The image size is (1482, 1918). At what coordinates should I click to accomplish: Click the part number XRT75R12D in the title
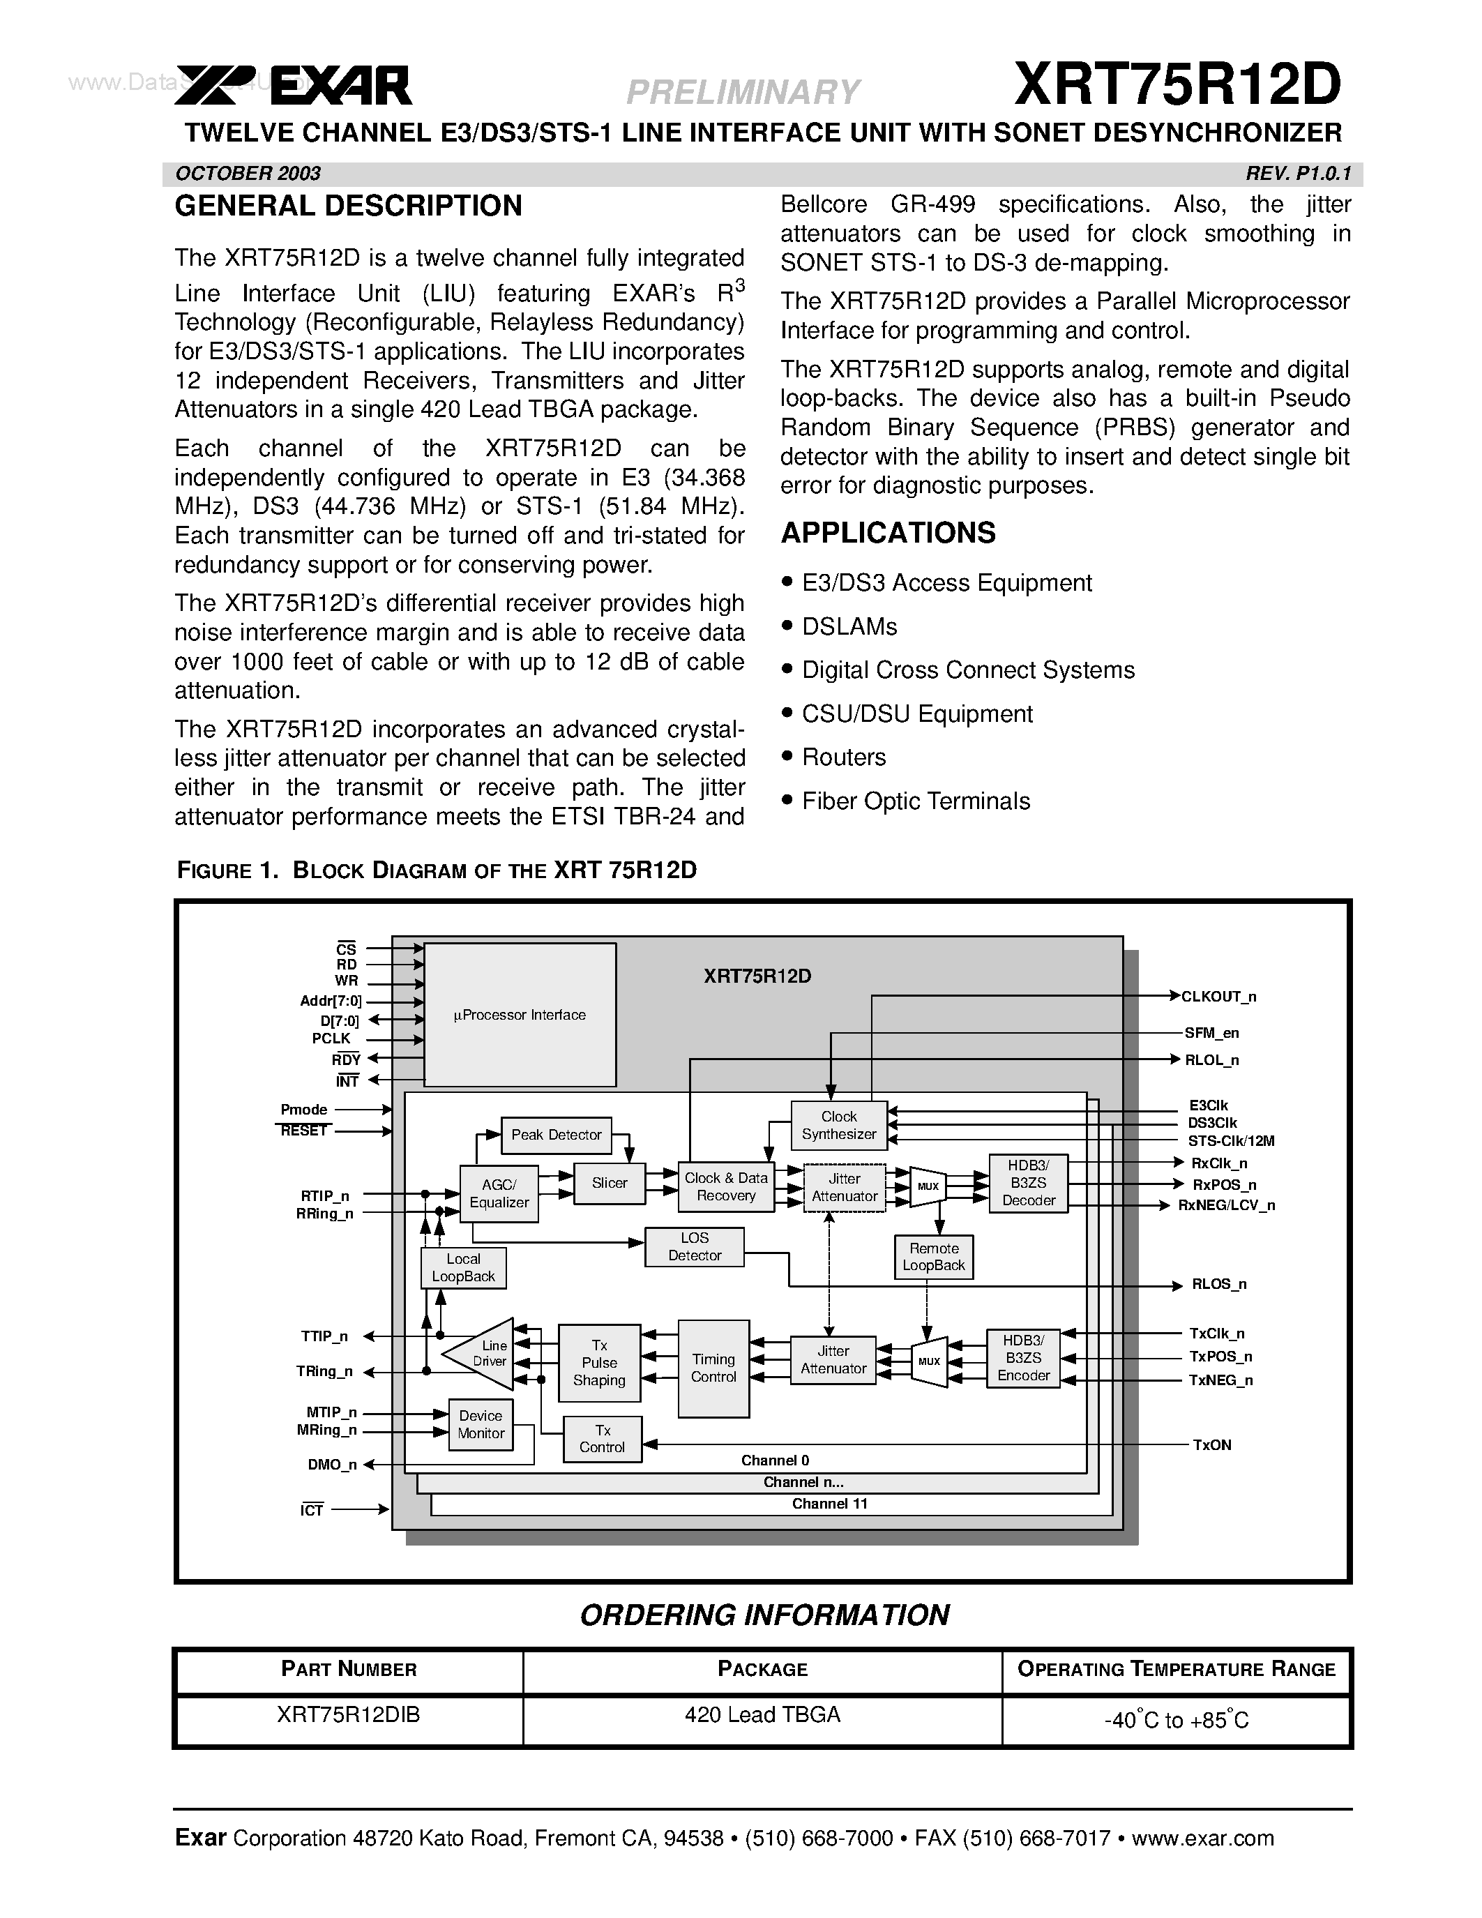point(1177,85)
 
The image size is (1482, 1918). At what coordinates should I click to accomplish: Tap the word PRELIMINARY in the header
point(743,91)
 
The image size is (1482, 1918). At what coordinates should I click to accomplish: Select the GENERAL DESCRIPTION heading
point(348,206)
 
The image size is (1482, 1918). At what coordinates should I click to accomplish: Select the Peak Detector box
point(556,1135)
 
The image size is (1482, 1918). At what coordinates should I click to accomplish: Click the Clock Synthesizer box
point(838,1125)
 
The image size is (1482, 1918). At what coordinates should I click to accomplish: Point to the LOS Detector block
point(694,1246)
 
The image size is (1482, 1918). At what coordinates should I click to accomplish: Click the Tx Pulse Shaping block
point(599,1362)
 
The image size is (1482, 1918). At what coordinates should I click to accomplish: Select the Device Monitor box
point(481,1424)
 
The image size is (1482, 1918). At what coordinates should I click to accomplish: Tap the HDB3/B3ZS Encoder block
point(1023,1358)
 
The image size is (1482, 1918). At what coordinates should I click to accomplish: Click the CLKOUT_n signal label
point(1218,997)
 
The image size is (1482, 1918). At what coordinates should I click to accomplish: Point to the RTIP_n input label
point(325,1195)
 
